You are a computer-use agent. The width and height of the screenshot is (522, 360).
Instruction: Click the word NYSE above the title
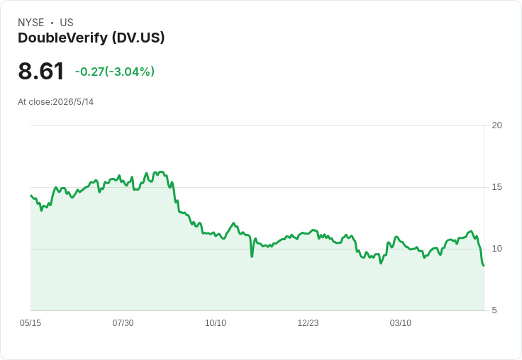point(31,23)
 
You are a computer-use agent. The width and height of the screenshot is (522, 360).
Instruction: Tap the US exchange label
point(67,23)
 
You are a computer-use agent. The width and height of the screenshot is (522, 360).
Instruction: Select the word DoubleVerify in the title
point(63,38)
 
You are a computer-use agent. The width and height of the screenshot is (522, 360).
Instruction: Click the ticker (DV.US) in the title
point(138,38)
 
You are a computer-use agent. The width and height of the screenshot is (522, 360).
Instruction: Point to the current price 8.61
point(41,71)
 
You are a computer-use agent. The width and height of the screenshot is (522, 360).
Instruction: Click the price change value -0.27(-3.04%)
point(115,72)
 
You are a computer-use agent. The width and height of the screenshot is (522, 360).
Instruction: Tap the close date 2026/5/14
point(73,102)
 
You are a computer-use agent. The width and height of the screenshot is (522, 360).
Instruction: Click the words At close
point(34,102)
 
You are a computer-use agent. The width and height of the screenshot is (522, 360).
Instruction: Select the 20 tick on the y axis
point(496,125)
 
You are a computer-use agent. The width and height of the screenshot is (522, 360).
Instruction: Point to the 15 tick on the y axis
point(496,187)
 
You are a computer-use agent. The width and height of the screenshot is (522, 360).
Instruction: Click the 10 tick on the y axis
point(496,249)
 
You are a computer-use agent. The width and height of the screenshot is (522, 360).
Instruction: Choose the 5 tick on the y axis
point(494,310)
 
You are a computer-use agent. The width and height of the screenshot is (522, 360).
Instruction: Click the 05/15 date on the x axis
point(30,322)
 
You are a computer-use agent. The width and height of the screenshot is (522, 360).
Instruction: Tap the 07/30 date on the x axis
point(123,322)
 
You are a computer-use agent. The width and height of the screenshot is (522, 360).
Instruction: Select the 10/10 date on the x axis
point(216,322)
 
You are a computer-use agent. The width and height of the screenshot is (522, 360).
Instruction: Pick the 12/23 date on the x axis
point(308,322)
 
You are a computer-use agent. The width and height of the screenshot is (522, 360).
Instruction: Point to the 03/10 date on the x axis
point(401,322)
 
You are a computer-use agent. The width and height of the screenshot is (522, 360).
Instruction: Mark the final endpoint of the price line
point(484,266)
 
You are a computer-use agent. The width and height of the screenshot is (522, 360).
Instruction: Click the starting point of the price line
point(30,196)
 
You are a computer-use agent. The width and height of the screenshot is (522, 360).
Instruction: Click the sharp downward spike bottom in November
point(252,257)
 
